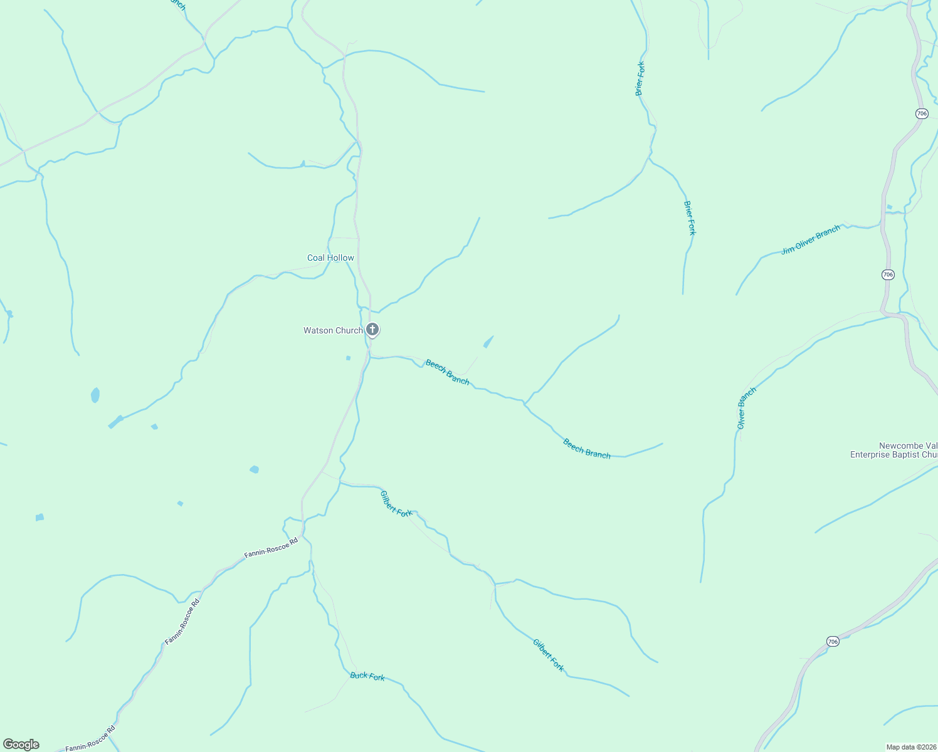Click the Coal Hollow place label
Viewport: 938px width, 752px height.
330,258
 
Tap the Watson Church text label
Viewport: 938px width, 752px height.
333,330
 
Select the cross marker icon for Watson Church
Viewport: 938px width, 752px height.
372,329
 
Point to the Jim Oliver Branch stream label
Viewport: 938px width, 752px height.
811,240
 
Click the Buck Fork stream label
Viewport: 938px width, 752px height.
367,676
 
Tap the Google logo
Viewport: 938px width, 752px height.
20,744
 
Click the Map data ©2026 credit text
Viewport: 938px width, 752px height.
910,747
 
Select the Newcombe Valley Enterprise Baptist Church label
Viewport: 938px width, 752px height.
893,451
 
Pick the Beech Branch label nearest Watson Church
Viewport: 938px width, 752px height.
447,372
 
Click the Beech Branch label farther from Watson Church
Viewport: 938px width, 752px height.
587,449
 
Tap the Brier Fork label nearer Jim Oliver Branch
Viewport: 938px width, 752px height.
690,218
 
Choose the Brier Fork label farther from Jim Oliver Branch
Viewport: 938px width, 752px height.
640,78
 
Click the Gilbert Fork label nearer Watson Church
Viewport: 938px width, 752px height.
396,504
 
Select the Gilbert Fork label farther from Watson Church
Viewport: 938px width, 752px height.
549,655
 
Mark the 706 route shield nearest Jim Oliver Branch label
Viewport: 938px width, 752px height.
887,274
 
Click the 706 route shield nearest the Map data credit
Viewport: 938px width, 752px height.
832,641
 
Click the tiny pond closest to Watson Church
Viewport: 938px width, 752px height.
349,358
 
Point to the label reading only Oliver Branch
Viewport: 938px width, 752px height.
746,408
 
